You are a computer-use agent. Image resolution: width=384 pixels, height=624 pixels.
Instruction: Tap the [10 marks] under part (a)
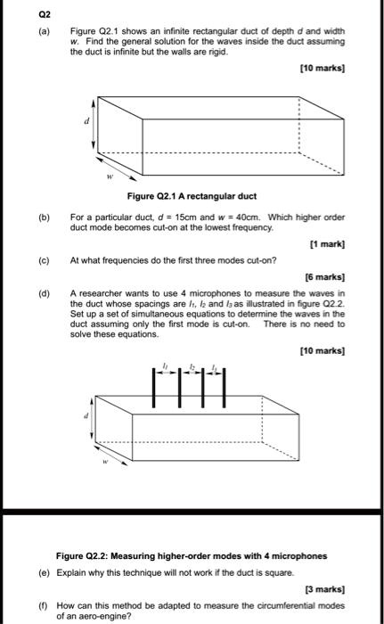325,69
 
